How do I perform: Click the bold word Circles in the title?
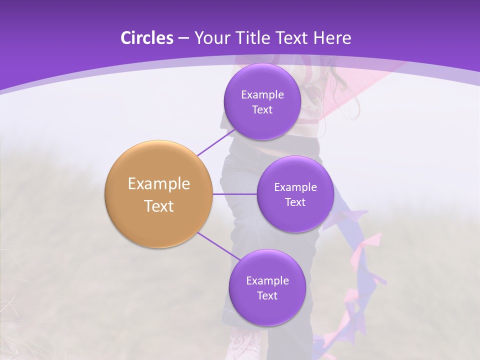(146, 38)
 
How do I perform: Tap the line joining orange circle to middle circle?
(235, 194)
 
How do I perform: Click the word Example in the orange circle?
(159, 184)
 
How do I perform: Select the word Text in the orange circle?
(159, 206)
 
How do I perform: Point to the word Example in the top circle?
(262, 95)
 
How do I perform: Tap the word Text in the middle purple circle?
(295, 202)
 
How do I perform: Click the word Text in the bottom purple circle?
(267, 296)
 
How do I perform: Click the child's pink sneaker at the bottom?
(245, 345)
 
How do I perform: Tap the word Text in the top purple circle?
(262, 110)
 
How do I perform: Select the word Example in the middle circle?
(295, 187)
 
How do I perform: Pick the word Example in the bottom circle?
(267, 281)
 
